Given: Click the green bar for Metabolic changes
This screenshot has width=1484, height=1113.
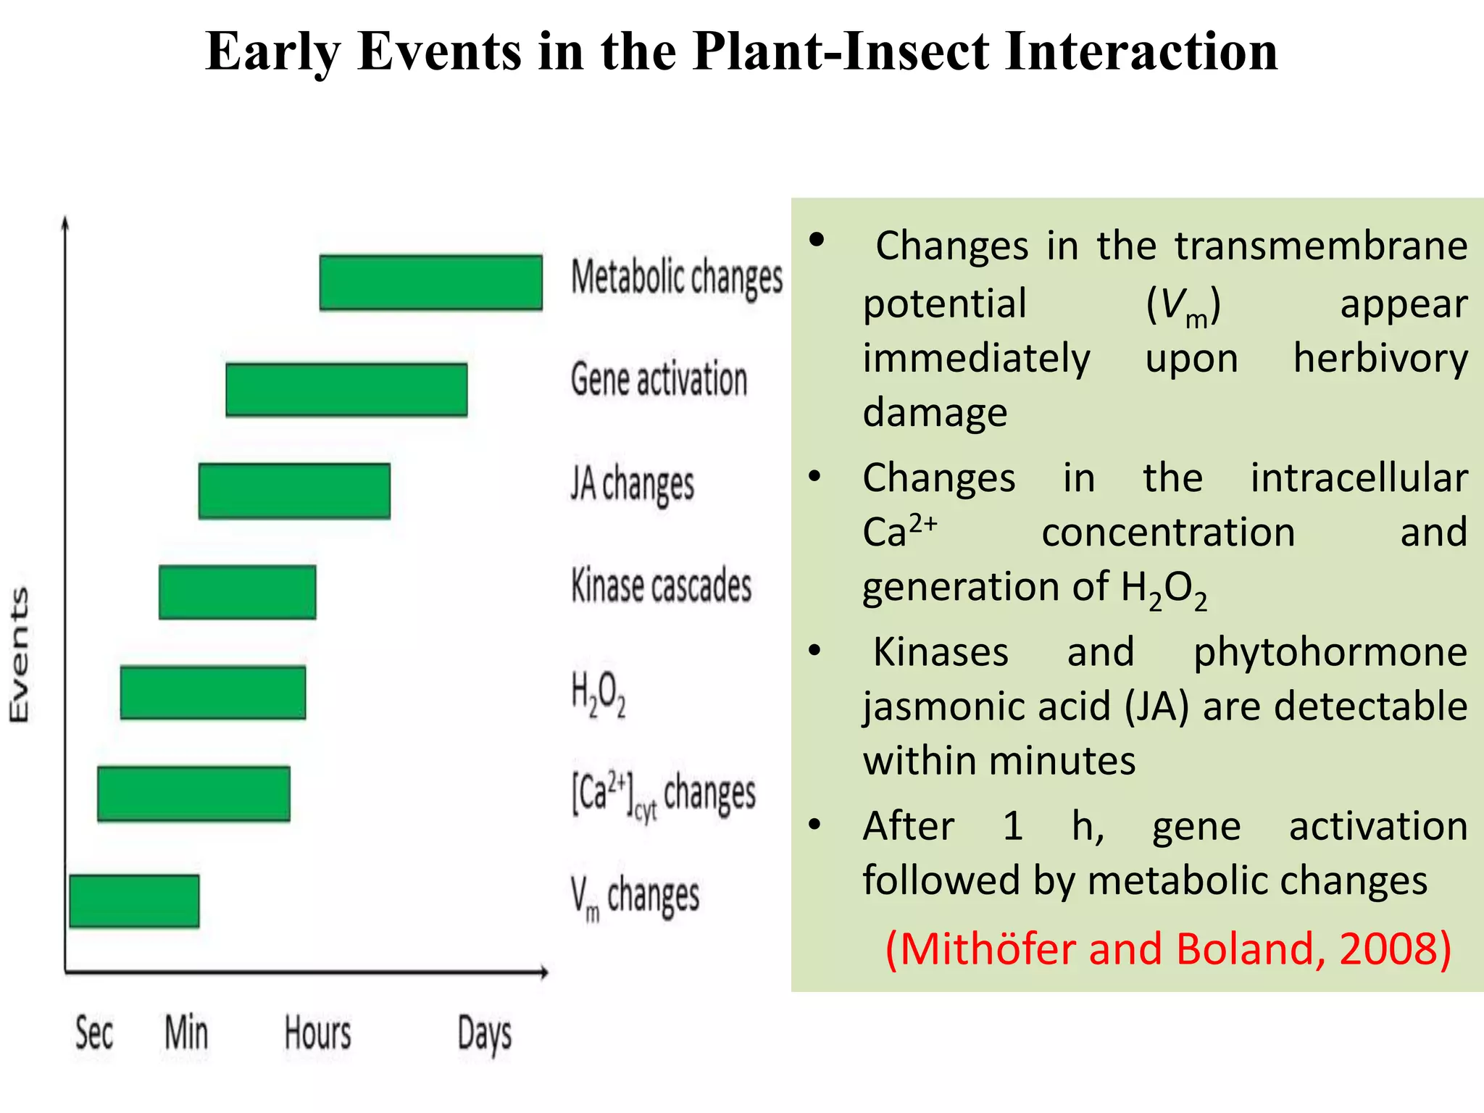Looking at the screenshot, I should pyautogui.click(x=430, y=283).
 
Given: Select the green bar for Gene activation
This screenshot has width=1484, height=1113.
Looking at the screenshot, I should pyautogui.click(x=346, y=390).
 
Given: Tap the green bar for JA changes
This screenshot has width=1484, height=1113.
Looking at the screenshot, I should pyautogui.click(x=294, y=491).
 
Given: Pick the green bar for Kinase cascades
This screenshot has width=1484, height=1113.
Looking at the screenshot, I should pyautogui.click(x=237, y=592).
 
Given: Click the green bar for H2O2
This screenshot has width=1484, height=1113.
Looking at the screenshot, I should pyautogui.click(x=213, y=693).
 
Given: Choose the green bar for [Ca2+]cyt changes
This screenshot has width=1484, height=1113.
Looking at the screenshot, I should pyautogui.click(x=193, y=793).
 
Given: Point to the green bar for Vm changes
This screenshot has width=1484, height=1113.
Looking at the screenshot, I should pyautogui.click(x=134, y=901).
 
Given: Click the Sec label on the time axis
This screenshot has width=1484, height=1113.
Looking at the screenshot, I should pyautogui.click(x=94, y=1033).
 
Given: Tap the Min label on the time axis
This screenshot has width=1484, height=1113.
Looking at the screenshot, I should pyautogui.click(x=186, y=1033).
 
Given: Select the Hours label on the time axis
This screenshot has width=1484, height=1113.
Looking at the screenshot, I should pyautogui.click(x=317, y=1033).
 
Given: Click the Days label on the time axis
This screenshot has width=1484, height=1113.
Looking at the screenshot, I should pyautogui.click(x=484, y=1035).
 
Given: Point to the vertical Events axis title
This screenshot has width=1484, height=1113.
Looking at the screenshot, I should pyautogui.click(x=19, y=654).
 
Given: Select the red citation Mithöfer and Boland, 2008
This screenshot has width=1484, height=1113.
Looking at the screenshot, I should pyautogui.click(x=1168, y=949).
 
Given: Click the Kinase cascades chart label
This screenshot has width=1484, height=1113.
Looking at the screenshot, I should pyautogui.click(x=661, y=585).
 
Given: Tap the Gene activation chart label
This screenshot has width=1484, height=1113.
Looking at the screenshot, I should pyautogui.click(x=659, y=379).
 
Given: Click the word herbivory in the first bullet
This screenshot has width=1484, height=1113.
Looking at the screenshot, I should pyautogui.click(x=1380, y=359).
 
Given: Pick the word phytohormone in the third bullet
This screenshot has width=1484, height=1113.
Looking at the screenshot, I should pyautogui.click(x=1330, y=652).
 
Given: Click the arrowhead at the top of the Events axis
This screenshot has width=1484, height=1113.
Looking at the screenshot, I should pyautogui.click(x=65, y=221).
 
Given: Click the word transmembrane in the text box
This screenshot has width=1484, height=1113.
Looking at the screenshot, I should pyautogui.click(x=1320, y=246).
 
